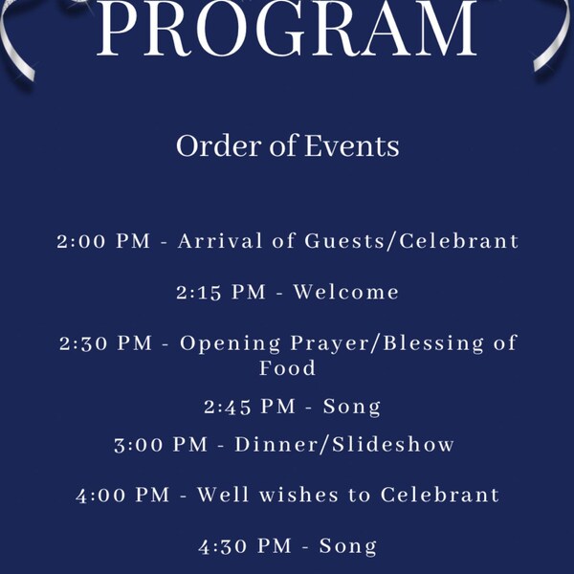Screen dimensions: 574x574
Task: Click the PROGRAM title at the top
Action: pos(287,29)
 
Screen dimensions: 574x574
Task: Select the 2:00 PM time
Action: pos(103,241)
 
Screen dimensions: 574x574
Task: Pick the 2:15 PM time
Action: pos(220,292)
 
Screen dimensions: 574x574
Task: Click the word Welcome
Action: pos(346,292)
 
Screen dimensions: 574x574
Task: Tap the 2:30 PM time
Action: pos(105,342)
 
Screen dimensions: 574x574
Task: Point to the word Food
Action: pos(287,367)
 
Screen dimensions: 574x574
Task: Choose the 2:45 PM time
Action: pos(250,407)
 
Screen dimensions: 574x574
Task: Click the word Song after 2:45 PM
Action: pos(352,407)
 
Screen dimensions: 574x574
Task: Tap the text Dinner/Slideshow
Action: pos(344,445)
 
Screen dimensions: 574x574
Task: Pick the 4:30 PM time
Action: pos(245,547)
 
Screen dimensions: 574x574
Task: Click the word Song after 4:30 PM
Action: pos(348,547)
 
